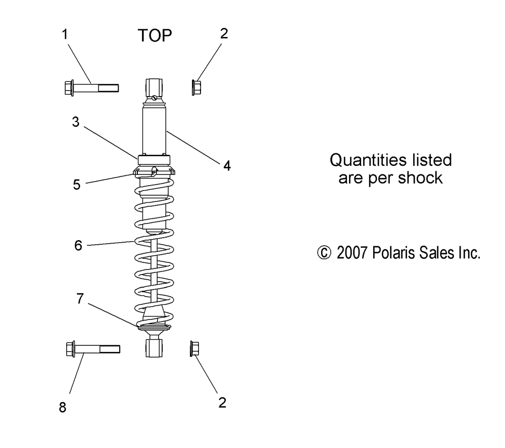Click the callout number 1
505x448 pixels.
(65, 34)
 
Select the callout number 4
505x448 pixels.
(227, 165)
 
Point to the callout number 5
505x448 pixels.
(77, 185)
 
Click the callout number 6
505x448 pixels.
(78, 245)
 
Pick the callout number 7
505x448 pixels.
(79, 299)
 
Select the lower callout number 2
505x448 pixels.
(222, 402)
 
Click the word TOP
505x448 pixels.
(155, 35)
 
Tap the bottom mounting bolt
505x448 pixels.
(93, 348)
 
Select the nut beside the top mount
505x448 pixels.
(197, 87)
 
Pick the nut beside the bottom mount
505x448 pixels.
(194, 348)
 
